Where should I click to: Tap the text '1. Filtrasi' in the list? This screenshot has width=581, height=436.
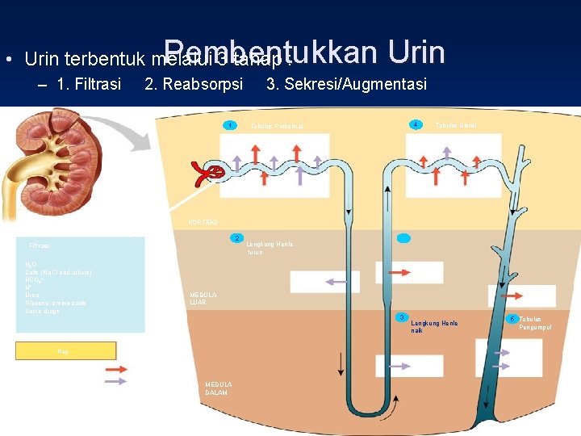point(90,84)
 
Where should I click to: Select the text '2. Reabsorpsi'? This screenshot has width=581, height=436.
point(193,84)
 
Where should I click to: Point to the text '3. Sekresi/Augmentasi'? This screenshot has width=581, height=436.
point(346,84)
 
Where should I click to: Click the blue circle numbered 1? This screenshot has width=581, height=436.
point(231,125)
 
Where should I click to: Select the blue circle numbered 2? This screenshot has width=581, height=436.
point(236,238)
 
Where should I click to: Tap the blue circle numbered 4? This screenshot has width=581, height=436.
point(415,124)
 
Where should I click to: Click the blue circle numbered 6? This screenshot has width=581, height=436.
point(511,319)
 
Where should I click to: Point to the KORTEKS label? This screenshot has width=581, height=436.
point(202,222)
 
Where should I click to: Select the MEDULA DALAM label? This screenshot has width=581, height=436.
point(218,388)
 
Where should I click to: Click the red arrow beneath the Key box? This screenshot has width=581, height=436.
point(116,368)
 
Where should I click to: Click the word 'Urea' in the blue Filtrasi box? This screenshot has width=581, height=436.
point(32,296)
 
